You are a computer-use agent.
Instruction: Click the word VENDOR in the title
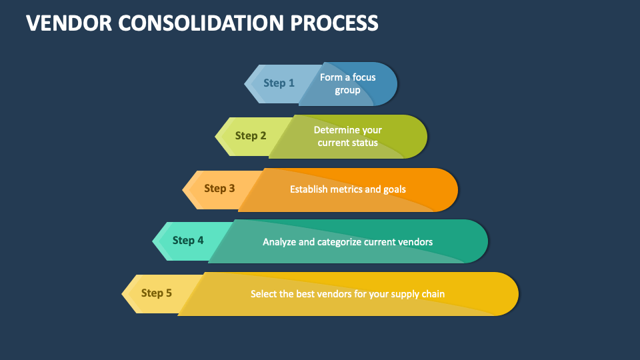69,23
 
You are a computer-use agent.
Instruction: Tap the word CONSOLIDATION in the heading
201,23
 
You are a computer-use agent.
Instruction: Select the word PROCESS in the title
334,23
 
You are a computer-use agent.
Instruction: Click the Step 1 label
279,83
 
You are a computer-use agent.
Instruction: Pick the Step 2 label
251,135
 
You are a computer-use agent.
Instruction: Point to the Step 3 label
219,188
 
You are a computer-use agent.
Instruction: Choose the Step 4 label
188,241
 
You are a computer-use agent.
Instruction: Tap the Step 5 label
157,293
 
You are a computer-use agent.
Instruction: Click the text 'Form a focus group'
348,84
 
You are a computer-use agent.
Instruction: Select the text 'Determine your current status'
348,136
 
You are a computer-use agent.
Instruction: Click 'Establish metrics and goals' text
348,189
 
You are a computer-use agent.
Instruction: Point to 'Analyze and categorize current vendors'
348,242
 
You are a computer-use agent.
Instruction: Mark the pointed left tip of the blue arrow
245,84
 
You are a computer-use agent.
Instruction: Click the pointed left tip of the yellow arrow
122,294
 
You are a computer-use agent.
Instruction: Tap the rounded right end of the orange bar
457,190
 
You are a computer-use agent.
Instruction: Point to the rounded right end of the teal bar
488,241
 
